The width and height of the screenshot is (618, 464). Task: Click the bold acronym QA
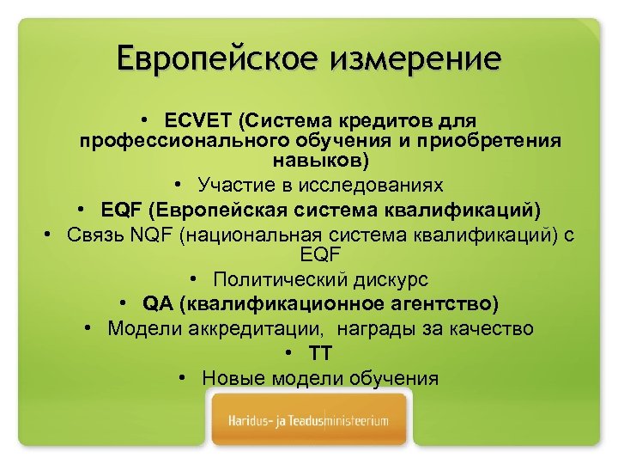tap(159, 304)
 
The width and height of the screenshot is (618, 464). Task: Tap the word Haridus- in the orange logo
tap(250, 422)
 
